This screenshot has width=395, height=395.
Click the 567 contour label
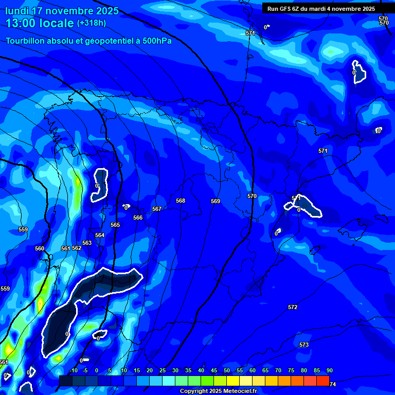pos(157,209)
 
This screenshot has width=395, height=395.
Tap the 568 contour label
pos(181,201)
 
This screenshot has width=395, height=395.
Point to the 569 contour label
pos(216,201)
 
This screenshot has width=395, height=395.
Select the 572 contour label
pos(293,307)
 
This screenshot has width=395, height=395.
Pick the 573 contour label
pos(304,345)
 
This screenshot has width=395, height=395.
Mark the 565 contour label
pos(115,225)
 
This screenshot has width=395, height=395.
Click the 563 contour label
pos(87,243)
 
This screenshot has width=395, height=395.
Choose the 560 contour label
pos(40,248)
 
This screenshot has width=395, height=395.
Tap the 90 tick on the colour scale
pos(329,371)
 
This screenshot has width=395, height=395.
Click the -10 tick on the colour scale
pos(73,371)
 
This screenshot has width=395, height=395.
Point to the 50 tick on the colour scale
pos(227,371)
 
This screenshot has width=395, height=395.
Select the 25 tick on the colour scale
pos(163,371)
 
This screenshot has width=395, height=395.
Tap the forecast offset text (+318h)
pos(91,23)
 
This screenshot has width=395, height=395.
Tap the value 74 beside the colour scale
pos(333,384)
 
